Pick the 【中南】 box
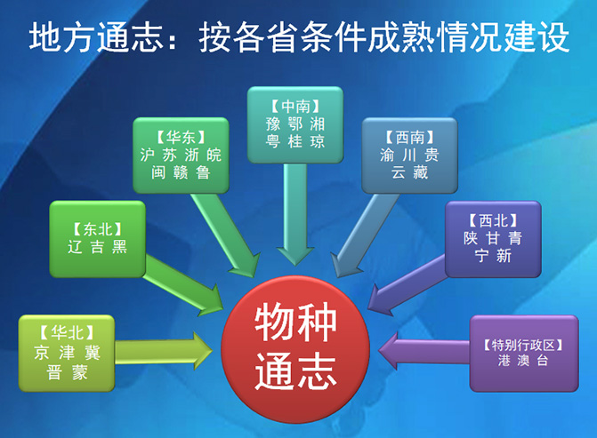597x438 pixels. point(294,124)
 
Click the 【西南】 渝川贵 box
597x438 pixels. point(409,155)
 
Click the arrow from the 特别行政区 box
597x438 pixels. point(424,347)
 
